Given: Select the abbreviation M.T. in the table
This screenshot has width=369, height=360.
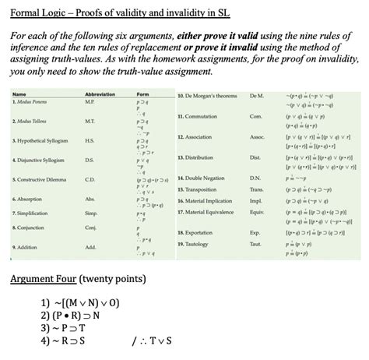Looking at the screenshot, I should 90,142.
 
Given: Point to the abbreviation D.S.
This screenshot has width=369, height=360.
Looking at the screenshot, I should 90,181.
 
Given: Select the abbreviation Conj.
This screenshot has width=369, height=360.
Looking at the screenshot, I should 90,248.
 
